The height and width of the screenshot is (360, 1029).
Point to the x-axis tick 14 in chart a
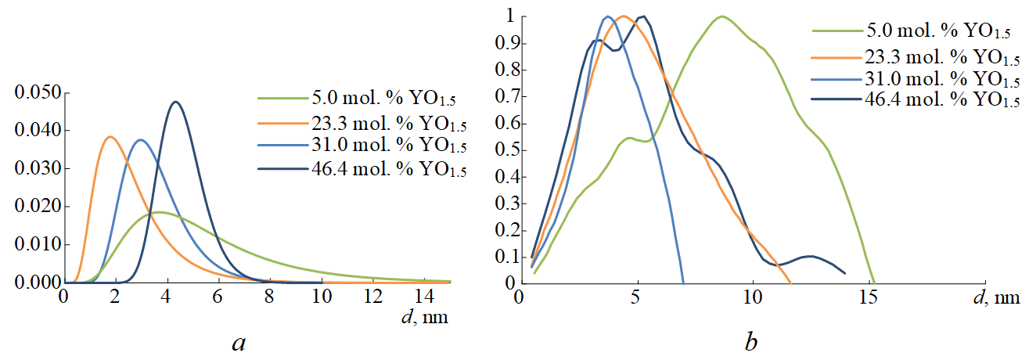point(425,299)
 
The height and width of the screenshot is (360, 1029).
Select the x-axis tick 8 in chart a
point(270,299)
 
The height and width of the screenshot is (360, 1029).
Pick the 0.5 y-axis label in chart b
point(502,149)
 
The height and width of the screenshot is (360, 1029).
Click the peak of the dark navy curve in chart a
point(175,102)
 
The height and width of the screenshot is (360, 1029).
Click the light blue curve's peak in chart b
point(607,16)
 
